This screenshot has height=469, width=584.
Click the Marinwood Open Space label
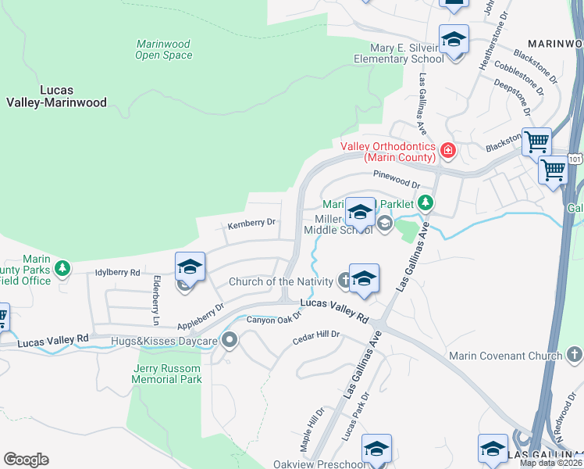point(163,49)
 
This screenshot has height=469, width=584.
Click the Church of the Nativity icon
point(344,281)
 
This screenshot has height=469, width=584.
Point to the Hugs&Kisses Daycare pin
point(230,339)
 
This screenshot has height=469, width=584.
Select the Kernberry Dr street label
point(251,223)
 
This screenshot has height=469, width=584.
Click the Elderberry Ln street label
point(156,300)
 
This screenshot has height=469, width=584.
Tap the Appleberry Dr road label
point(200,315)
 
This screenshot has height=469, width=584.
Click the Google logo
point(26,460)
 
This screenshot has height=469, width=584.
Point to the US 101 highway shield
point(575,159)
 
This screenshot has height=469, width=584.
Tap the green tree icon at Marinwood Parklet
point(425,203)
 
